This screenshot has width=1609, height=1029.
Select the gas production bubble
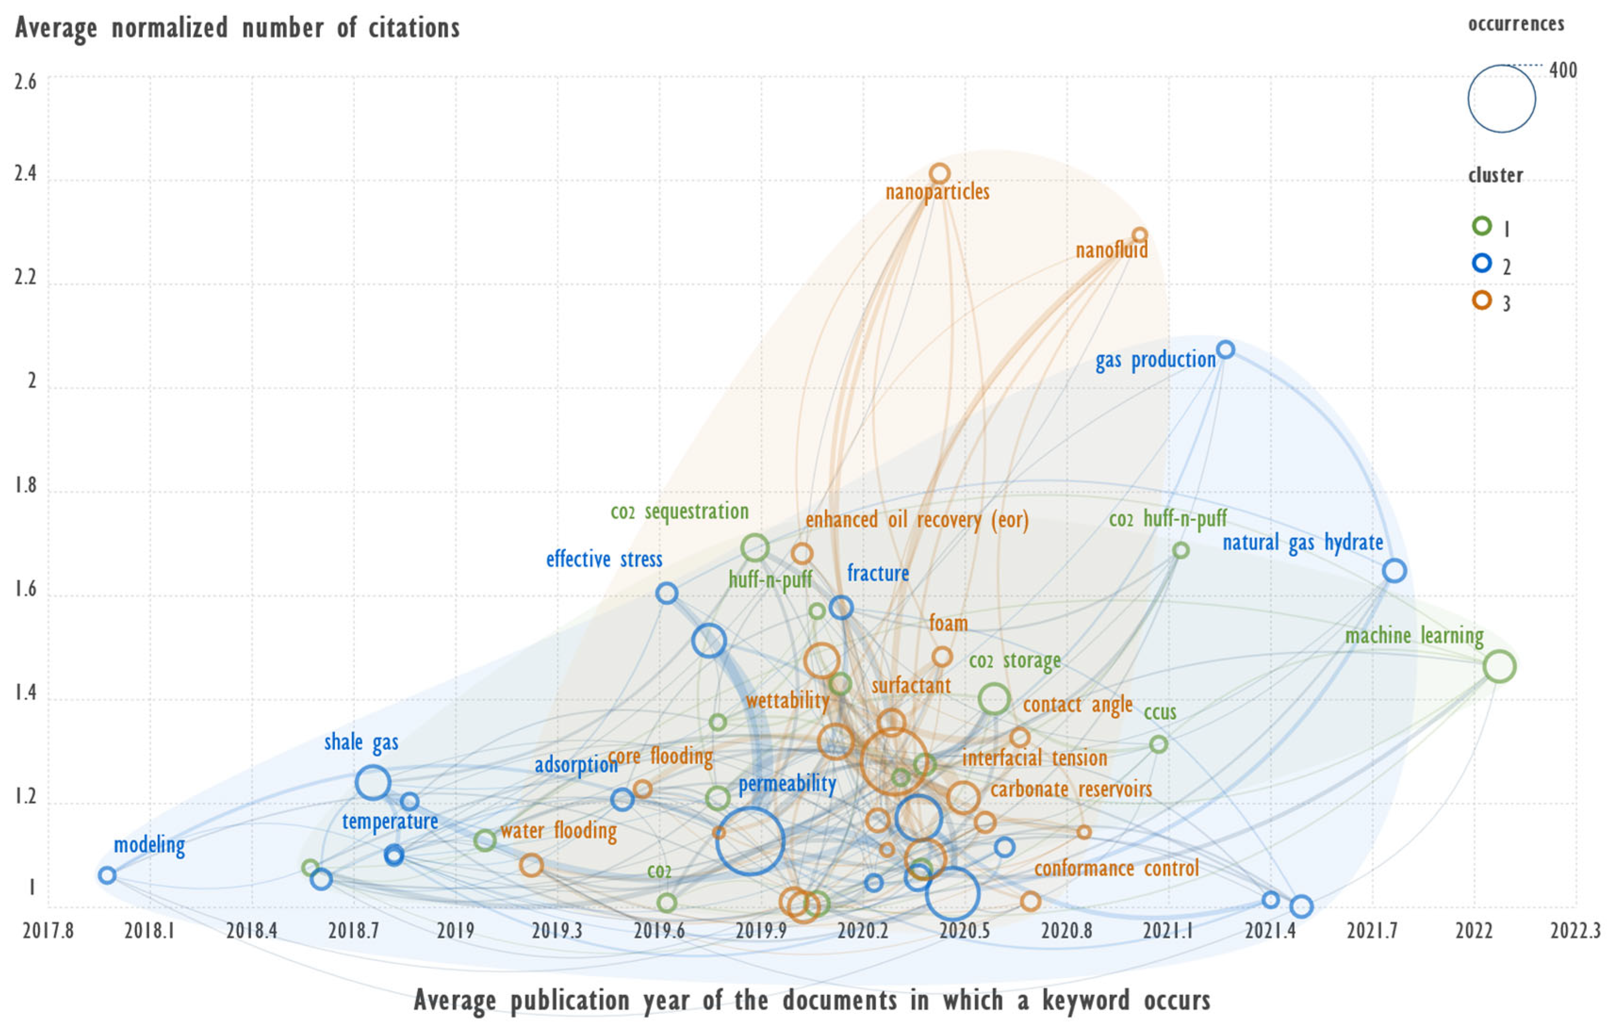[x=1225, y=350]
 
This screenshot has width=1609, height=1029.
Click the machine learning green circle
[x=1499, y=666]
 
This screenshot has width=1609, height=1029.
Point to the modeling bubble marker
[x=107, y=875]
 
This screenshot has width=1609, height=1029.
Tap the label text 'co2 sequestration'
[x=679, y=512]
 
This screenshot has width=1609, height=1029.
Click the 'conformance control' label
[x=1117, y=869]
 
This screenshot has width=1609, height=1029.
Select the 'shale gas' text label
[x=361, y=743]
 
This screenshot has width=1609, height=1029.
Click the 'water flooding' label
[x=559, y=831]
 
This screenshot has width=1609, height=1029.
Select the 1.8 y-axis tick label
[x=25, y=486]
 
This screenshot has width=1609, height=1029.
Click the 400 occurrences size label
[x=1563, y=70]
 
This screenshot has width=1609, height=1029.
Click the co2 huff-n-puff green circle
[x=1181, y=551]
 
